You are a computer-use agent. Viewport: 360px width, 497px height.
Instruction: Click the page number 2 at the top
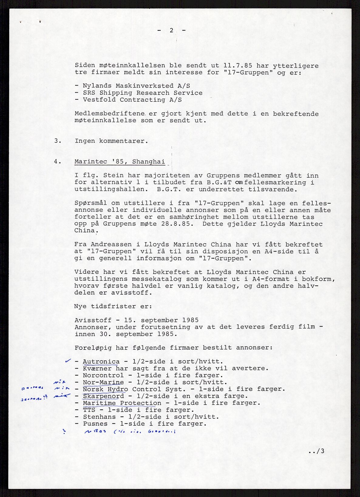172,30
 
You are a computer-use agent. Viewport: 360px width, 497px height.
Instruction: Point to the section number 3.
58,141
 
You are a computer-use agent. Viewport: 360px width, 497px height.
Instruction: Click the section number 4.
58,162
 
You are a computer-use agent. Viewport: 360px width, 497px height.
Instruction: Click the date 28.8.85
178,224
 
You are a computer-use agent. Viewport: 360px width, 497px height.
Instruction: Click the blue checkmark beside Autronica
68,361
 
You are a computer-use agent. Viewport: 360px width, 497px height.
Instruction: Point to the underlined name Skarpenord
103,396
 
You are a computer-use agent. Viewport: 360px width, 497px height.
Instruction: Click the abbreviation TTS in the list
89,410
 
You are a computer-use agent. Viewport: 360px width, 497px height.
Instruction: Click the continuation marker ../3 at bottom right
316,451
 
